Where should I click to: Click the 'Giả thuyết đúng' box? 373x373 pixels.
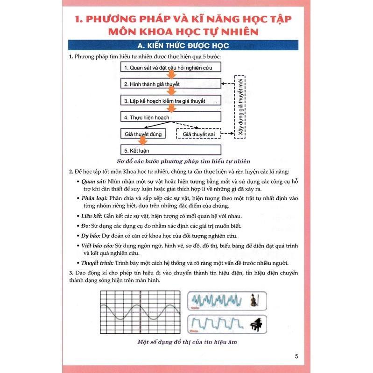coord(143,134)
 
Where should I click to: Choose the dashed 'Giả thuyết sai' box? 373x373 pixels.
coord(198,134)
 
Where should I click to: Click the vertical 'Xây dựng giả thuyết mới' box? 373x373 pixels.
coord(240,106)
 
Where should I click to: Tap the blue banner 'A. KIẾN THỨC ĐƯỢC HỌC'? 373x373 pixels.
coord(186,46)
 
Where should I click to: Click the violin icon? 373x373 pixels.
coord(253,299)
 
